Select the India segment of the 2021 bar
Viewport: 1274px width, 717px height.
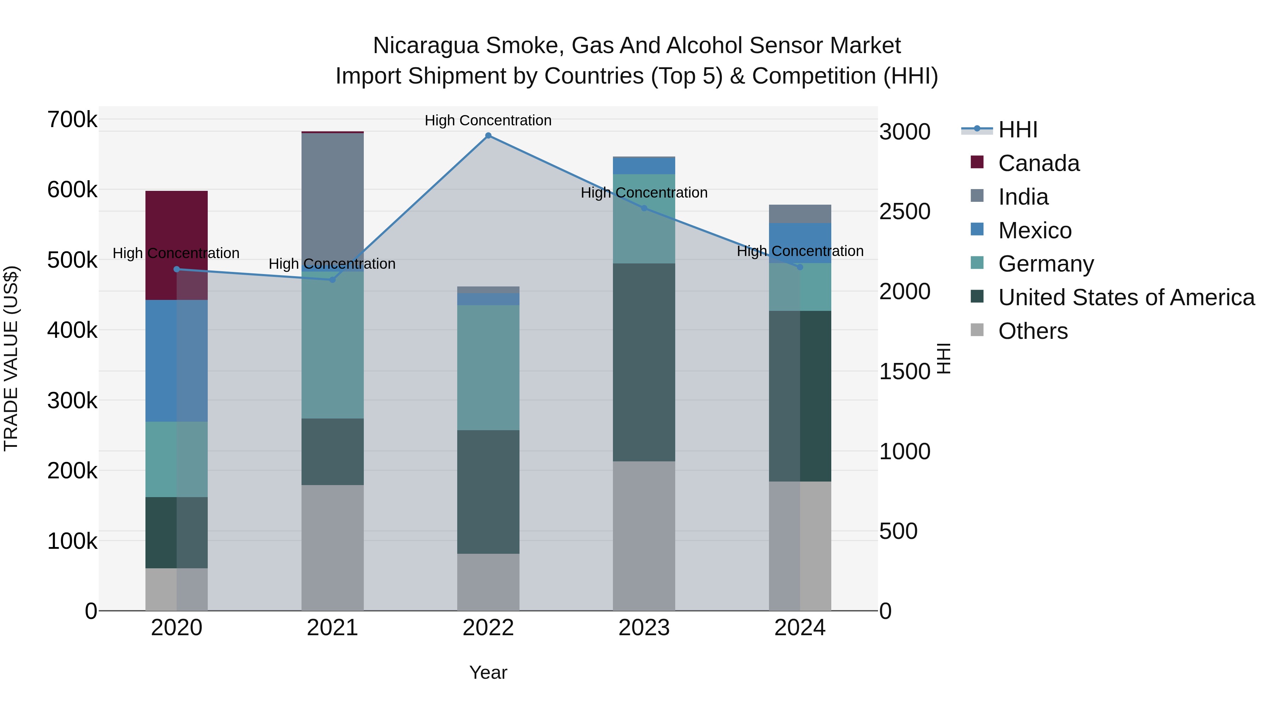[332, 198]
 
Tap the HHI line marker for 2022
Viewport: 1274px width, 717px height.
[488, 136]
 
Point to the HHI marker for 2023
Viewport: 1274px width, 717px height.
[644, 208]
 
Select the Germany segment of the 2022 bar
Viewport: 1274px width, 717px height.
[488, 367]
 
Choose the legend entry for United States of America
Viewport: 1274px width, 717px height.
[1126, 297]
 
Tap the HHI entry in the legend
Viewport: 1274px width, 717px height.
[1017, 130]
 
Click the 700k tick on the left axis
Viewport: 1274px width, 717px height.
[72, 120]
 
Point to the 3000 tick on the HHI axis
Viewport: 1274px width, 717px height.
[905, 132]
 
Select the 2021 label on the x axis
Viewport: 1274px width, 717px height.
[332, 628]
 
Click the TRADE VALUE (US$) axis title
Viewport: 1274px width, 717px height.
[11, 358]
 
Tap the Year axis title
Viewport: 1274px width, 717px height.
[488, 672]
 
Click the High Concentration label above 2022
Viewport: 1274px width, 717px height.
[488, 120]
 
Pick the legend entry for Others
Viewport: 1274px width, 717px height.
[1033, 331]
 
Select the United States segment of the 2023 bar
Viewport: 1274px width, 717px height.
[644, 362]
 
